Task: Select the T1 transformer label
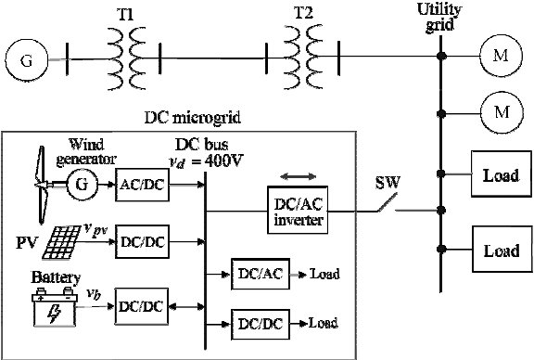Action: (125, 15)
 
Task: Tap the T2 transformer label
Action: (303, 13)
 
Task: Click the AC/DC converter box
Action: (142, 185)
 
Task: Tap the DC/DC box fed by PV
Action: (142, 242)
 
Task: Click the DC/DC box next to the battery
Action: (141, 306)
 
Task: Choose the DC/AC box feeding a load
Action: (261, 274)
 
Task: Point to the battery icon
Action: (55, 307)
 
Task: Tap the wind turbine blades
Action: (41, 185)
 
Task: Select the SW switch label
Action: (388, 183)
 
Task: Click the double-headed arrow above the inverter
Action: (298, 176)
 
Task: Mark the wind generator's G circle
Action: (82, 185)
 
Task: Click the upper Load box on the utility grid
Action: (502, 174)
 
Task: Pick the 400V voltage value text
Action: (223, 161)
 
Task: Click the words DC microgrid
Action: (193, 118)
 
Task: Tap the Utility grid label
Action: (439, 17)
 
